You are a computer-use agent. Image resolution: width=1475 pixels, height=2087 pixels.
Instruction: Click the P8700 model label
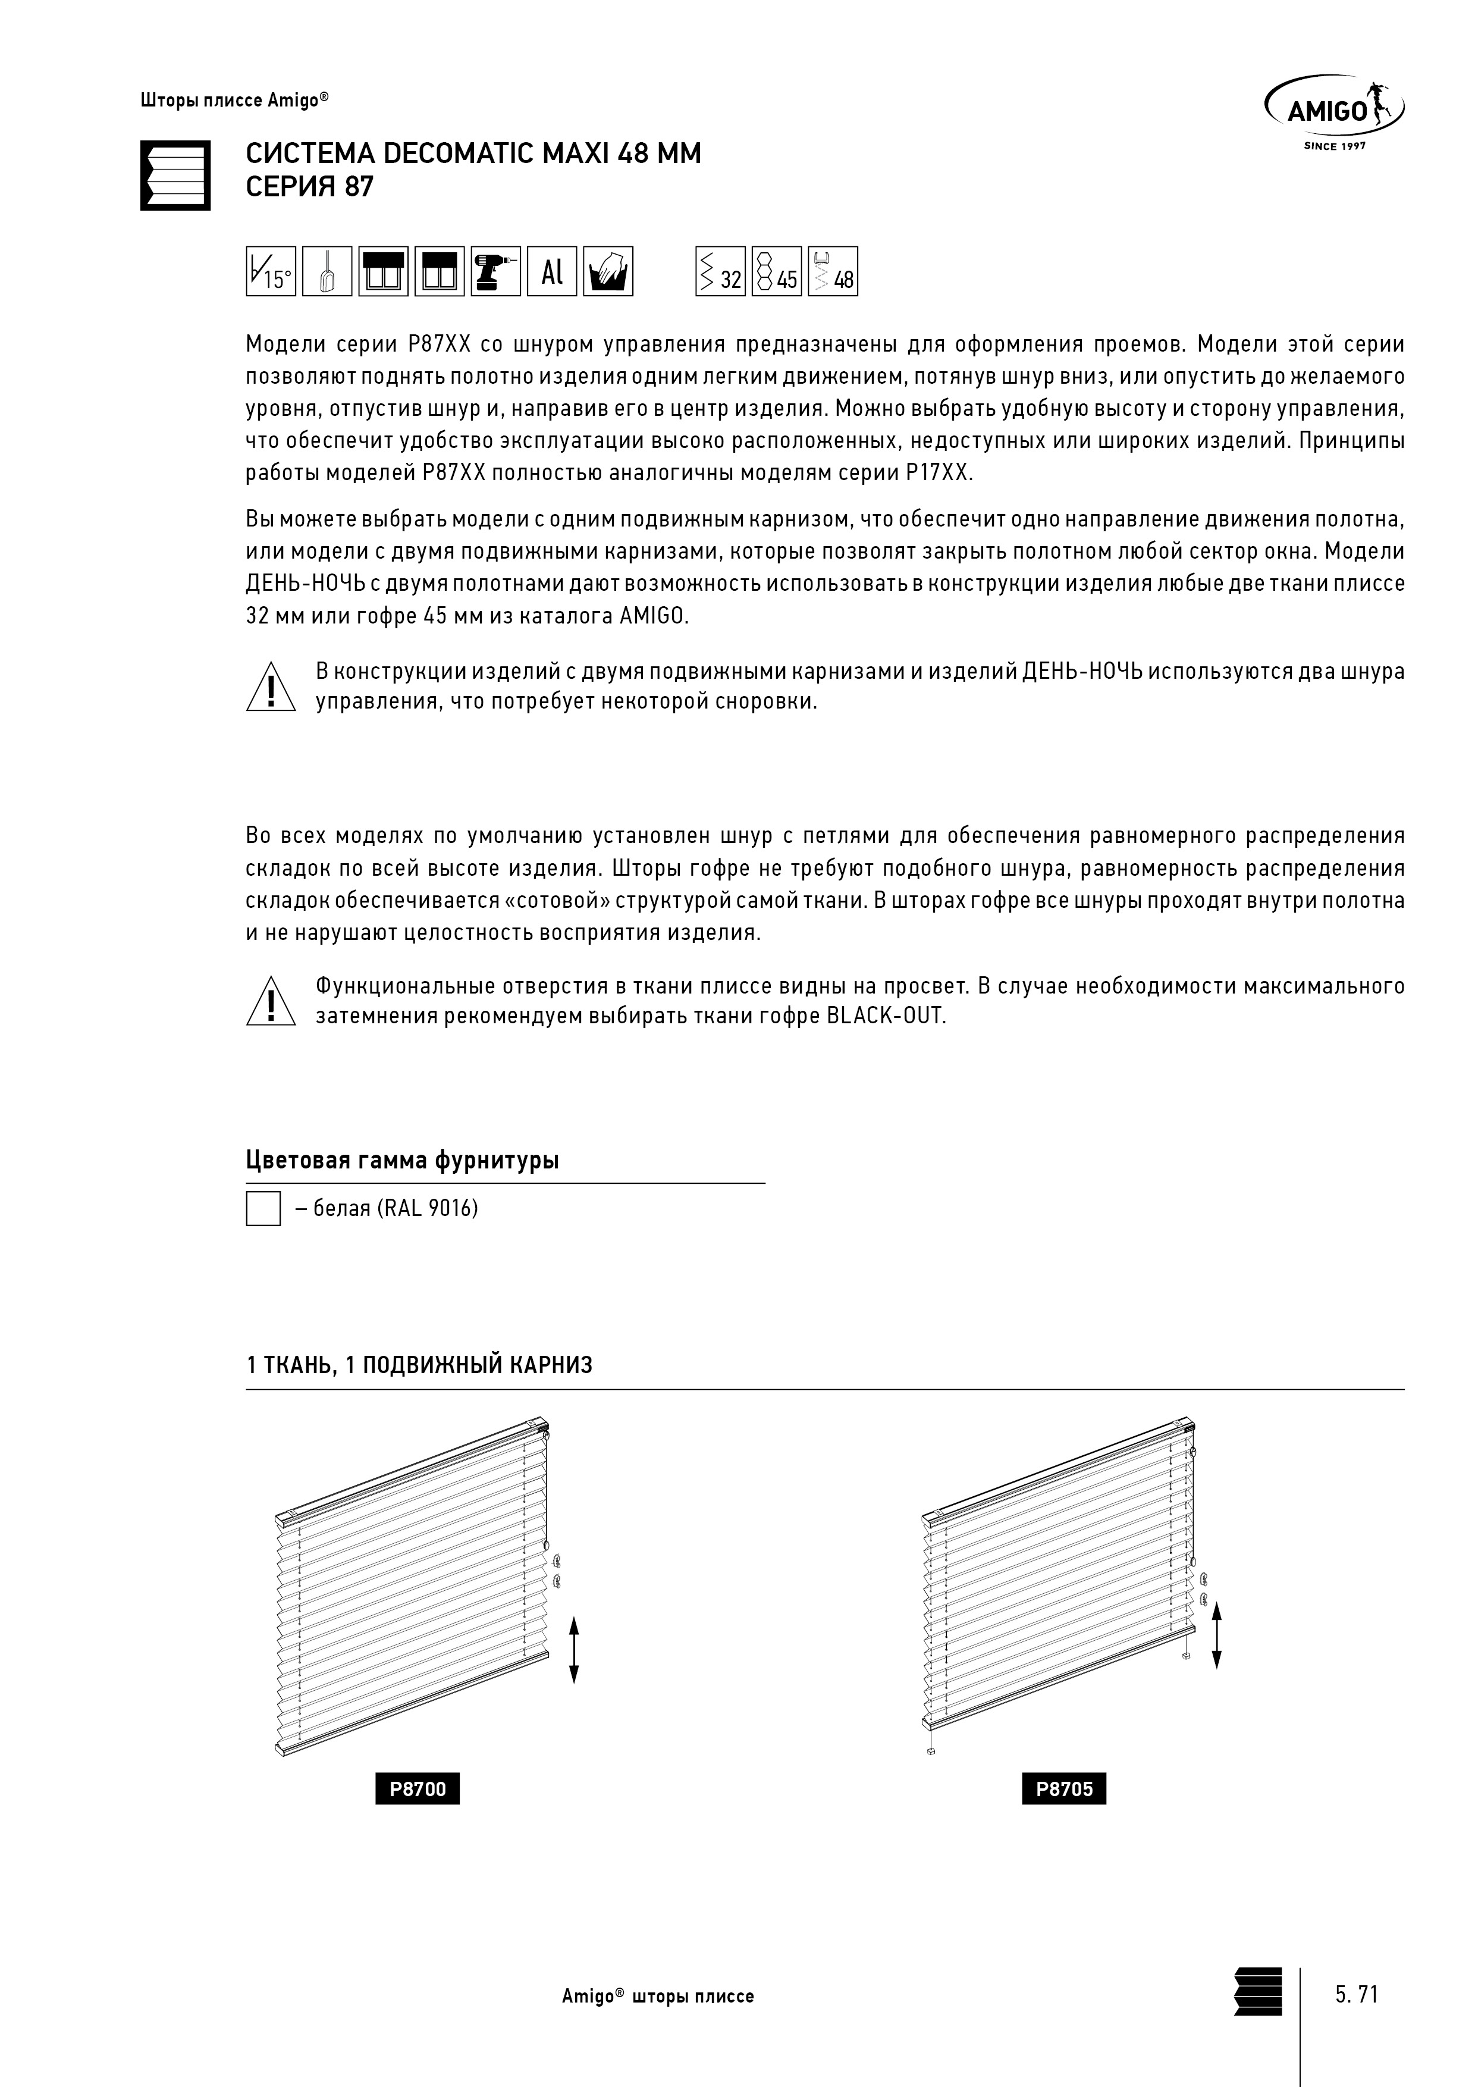click(418, 1790)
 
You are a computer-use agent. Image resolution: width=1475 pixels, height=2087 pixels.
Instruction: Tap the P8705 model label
click(1064, 1790)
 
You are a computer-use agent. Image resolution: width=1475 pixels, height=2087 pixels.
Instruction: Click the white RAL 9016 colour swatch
click(263, 1209)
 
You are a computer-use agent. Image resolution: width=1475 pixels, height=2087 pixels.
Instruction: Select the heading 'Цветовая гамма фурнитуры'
click(401, 1161)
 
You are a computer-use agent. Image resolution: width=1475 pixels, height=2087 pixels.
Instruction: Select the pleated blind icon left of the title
click(175, 176)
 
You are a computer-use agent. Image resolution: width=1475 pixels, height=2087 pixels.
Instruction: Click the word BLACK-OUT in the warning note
click(886, 1016)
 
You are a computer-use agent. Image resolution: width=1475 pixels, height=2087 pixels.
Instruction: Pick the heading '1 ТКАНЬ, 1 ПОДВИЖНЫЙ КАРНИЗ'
click(419, 1365)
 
